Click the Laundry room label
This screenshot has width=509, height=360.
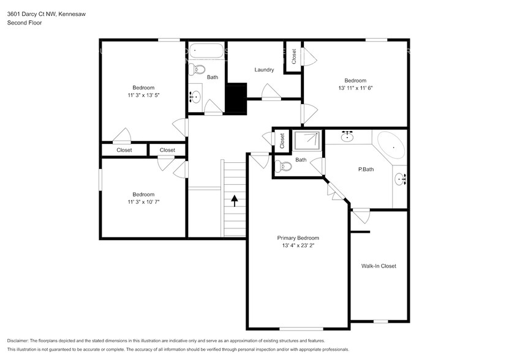[x=264, y=70]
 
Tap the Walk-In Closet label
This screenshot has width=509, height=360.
[x=379, y=266]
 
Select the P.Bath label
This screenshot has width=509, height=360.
[x=366, y=169]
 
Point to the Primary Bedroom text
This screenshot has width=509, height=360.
[x=298, y=238]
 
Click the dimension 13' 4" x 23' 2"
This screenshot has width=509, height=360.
[x=298, y=246]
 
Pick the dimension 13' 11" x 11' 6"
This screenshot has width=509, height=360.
[x=355, y=88]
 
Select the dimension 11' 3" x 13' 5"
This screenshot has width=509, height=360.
[x=143, y=96]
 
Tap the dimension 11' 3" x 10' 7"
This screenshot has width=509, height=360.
[x=143, y=201]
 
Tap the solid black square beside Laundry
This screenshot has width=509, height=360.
[x=235, y=98]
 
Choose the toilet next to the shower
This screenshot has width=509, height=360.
[x=283, y=165]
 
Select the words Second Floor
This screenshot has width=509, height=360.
[x=21, y=23]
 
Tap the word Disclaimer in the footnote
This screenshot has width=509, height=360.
[x=20, y=340]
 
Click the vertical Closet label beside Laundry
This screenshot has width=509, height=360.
[x=294, y=56]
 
